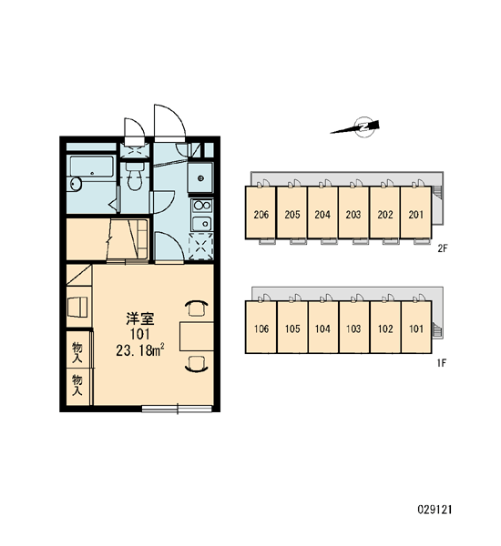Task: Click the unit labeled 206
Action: tap(261, 213)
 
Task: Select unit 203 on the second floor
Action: tap(353, 213)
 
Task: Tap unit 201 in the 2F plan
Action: tap(416, 213)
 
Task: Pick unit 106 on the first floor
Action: tap(261, 327)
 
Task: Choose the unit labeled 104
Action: tap(322, 327)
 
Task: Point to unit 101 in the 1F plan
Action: tap(416, 327)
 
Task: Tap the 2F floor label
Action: tap(442, 248)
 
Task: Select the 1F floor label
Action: tap(442, 363)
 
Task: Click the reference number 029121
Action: tap(435, 510)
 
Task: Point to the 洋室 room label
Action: tap(140, 318)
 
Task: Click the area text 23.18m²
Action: tap(140, 350)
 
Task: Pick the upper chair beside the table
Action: tap(197, 308)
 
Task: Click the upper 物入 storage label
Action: tap(77, 352)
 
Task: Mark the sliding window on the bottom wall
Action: tap(178, 409)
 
